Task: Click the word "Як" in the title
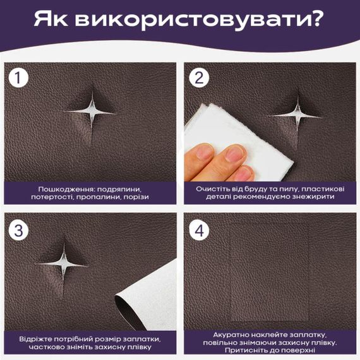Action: [52, 20]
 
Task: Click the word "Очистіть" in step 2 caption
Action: [212, 189]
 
